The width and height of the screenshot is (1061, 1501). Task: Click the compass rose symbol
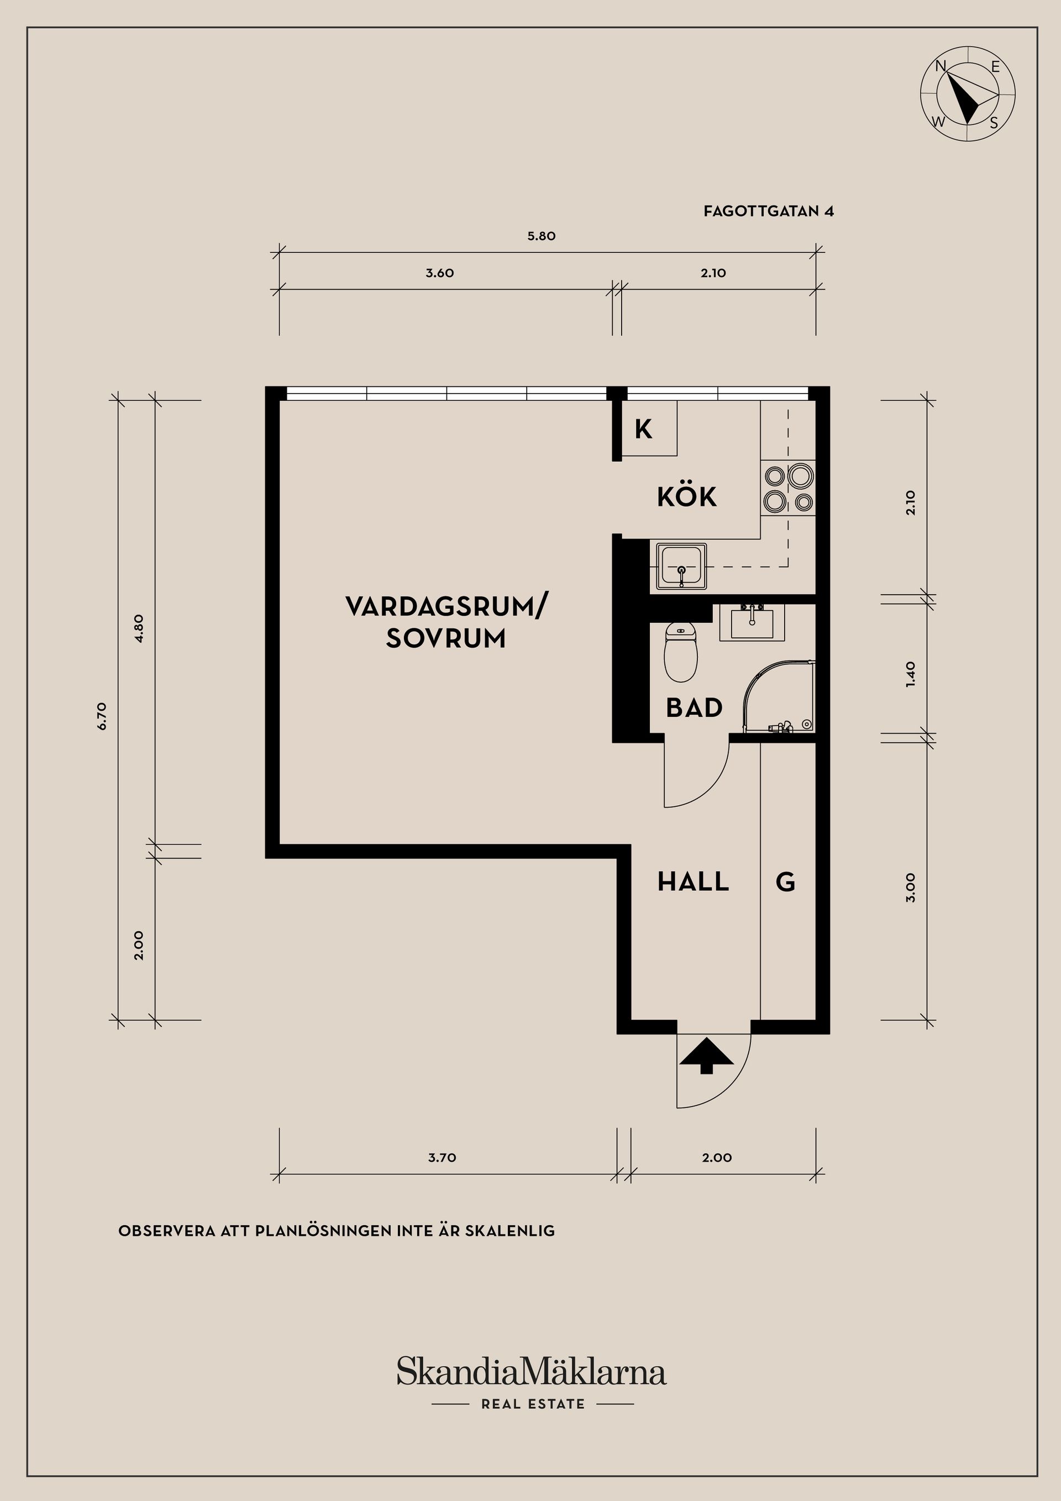pyautogui.click(x=968, y=93)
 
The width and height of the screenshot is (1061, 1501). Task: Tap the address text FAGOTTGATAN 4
pyautogui.click(x=768, y=211)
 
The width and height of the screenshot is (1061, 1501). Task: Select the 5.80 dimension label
pyautogui.click(x=542, y=236)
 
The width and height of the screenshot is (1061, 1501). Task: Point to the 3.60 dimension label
pyautogui.click(x=439, y=273)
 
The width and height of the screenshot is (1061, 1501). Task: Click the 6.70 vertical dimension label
pyautogui.click(x=101, y=716)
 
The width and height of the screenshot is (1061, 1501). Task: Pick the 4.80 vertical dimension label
pyautogui.click(x=139, y=628)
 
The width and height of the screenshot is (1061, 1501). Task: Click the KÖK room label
pyautogui.click(x=686, y=497)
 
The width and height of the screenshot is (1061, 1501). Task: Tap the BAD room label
pyautogui.click(x=694, y=708)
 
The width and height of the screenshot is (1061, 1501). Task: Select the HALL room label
pyautogui.click(x=693, y=882)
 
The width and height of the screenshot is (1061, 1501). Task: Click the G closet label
pyautogui.click(x=785, y=883)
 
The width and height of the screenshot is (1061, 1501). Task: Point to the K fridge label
pyautogui.click(x=643, y=429)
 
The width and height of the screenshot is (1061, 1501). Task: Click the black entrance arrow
pyautogui.click(x=706, y=1057)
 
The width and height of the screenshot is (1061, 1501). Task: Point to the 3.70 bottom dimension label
pyautogui.click(x=442, y=1158)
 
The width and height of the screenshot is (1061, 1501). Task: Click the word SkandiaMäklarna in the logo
pyautogui.click(x=531, y=1372)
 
